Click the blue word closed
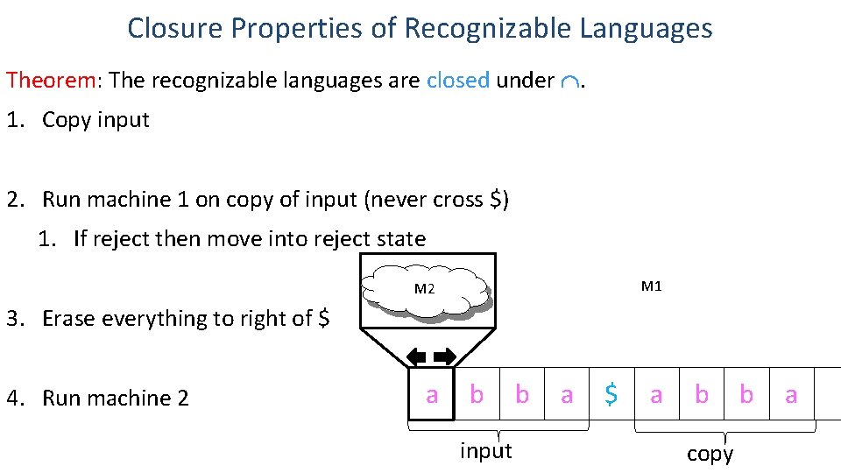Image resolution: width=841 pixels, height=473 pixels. click(457, 81)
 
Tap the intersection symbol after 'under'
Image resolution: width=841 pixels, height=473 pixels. click(570, 81)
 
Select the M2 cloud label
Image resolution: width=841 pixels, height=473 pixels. click(424, 288)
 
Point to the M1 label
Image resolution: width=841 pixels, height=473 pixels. click(652, 286)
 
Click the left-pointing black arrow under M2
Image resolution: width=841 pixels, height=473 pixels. click(415, 357)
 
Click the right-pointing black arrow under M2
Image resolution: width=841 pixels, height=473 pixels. click(444, 357)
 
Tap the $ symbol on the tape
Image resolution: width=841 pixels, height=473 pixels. click(611, 395)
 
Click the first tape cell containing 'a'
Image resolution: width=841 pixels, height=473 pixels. click(431, 395)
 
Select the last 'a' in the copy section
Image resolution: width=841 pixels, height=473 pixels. click(791, 395)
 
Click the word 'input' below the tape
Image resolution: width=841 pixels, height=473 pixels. click(485, 450)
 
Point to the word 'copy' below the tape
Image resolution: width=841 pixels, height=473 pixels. click(710, 454)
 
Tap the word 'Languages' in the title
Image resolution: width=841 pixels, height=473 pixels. click(646, 28)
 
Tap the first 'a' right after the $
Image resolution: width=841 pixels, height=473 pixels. click(656, 395)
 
